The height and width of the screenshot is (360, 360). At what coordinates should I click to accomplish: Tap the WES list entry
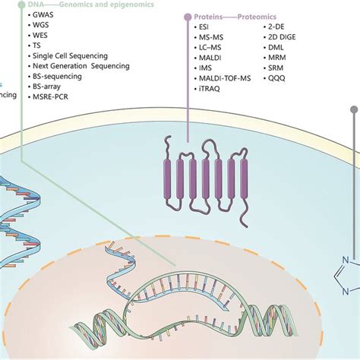(40, 45)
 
